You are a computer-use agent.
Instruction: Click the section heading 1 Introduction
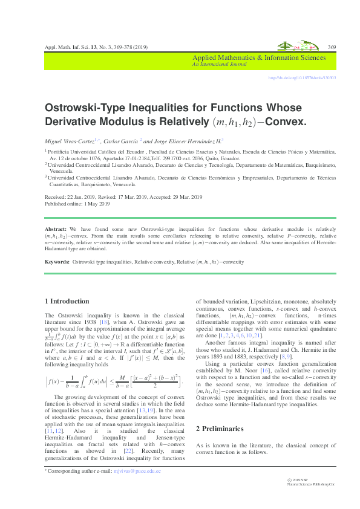point(67,301)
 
